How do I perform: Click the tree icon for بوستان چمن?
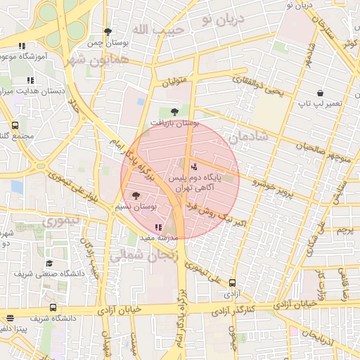click(x=108, y=32)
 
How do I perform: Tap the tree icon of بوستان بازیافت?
click(x=174, y=111)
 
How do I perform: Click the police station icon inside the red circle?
click(x=195, y=167)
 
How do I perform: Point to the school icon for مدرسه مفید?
click(x=157, y=227)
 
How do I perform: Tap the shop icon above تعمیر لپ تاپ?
click(x=321, y=92)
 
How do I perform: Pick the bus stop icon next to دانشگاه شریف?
click(x=53, y=307)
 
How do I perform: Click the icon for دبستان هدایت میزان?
click(x=30, y=81)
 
